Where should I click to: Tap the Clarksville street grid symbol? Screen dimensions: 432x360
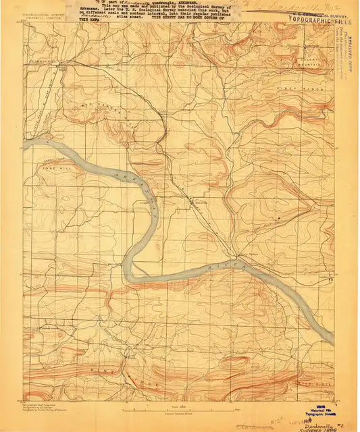[64, 67]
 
